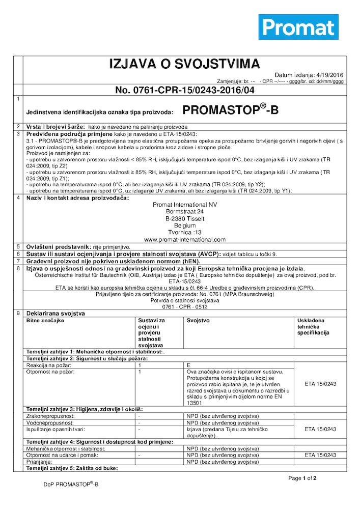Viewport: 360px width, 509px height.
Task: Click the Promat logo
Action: pos(298,27)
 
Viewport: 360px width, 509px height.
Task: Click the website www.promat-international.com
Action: pos(185,239)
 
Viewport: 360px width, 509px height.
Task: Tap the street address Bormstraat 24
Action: pos(185,211)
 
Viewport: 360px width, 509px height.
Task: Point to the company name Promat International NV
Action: pos(185,204)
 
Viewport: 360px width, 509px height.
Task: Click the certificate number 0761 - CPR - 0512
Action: pos(185,307)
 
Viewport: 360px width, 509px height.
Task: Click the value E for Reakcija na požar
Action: pos(189,365)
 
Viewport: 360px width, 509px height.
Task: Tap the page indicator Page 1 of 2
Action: pos(302,478)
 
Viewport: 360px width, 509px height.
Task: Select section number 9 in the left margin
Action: pos(18,313)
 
